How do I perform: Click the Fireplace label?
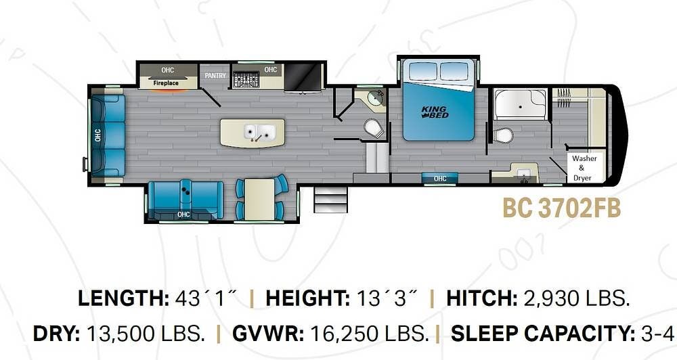pyautogui.click(x=166, y=83)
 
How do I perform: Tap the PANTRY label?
pyautogui.click(x=215, y=76)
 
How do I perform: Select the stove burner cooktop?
pyautogui.click(x=246, y=80)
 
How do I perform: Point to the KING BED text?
pyautogui.click(x=435, y=112)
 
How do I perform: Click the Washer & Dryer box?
pyautogui.click(x=584, y=168)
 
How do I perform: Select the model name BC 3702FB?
pyautogui.click(x=562, y=208)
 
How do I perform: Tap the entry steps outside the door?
pyautogui.click(x=330, y=200)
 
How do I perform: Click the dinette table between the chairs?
pyautogui.click(x=259, y=199)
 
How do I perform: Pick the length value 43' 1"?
pyautogui.click(x=206, y=298)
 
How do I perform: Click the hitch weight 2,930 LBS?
pyautogui.click(x=576, y=298)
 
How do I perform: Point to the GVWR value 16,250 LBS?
pyautogui.click(x=369, y=333)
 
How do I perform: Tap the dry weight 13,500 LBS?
pyautogui.click(x=146, y=333)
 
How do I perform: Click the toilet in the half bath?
pyautogui.click(x=374, y=128)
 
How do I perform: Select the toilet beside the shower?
pyautogui.click(x=504, y=135)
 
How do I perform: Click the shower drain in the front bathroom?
pyautogui.click(x=521, y=106)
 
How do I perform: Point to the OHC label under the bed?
pyautogui.click(x=440, y=178)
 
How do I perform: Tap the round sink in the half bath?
pyautogui.click(x=375, y=99)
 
